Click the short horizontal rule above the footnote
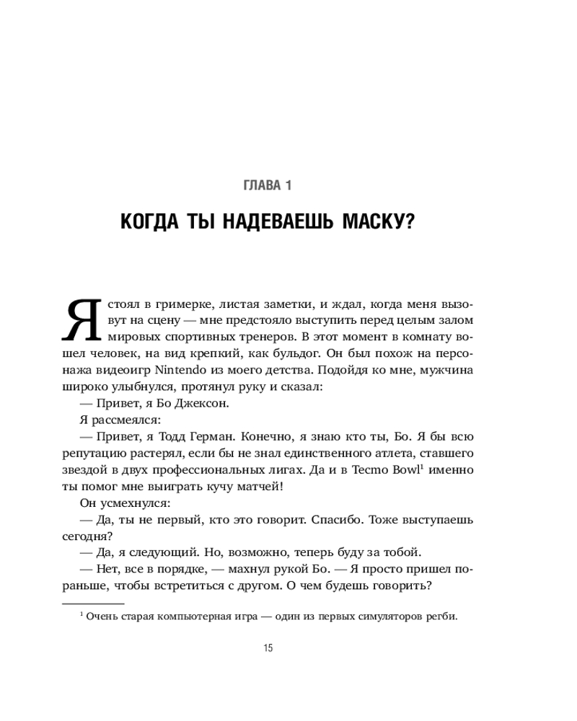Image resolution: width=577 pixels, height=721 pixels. pyautogui.click(x=93, y=603)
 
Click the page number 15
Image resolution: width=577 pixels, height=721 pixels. pyautogui.click(x=268, y=648)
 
